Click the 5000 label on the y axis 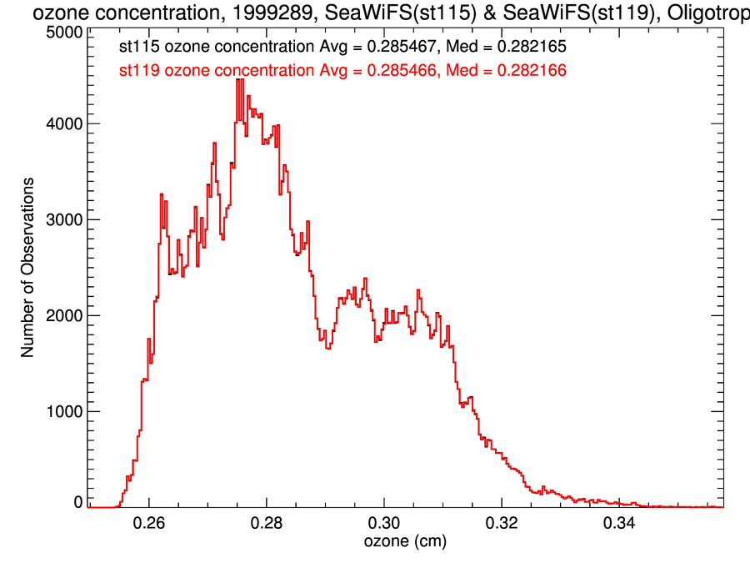(x=62, y=33)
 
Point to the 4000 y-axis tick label (x=62, y=124)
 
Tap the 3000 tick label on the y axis (x=62, y=220)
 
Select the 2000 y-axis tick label (x=62, y=316)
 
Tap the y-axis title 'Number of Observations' (x=28, y=268)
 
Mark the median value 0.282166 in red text (x=532, y=71)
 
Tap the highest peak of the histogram (x=239, y=80)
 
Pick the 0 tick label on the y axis (x=77, y=502)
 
